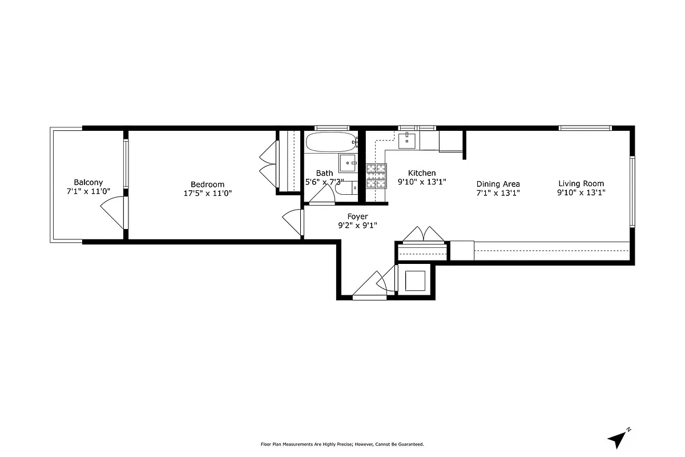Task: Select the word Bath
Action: [324, 173]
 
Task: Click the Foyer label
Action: [357, 217]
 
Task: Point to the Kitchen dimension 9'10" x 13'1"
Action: [421, 182]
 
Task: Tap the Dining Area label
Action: [498, 184]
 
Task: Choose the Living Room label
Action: [581, 183]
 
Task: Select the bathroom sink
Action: [347, 163]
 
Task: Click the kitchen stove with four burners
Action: [376, 175]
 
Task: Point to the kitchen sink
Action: [408, 139]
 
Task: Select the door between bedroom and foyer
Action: [293, 222]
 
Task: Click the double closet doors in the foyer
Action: [423, 234]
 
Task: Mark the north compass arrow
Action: [618, 438]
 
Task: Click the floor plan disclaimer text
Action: [342, 444]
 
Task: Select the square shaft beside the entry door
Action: [415, 280]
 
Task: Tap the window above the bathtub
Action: [332, 128]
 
